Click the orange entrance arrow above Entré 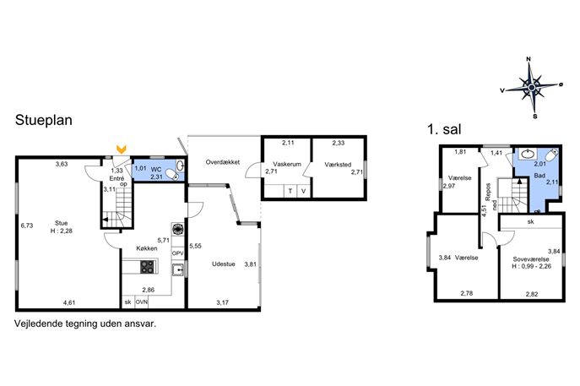tap(122, 150)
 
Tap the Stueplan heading tap(44, 120)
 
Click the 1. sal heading tap(444, 129)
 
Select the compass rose tap(532, 87)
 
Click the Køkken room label tap(147, 248)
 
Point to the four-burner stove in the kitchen tap(148, 266)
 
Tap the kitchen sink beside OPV tap(178, 269)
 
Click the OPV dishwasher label tap(178, 253)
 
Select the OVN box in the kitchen tap(141, 302)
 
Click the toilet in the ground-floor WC tap(171, 174)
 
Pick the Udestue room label tap(224, 264)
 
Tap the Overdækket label tap(223, 162)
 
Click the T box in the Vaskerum tap(290, 191)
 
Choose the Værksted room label tap(338, 165)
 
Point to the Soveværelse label tap(531, 259)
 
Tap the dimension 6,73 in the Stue tap(27, 226)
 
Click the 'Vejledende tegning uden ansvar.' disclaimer tap(85, 323)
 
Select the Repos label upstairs tap(488, 192)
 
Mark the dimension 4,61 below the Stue tap(69, 302)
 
